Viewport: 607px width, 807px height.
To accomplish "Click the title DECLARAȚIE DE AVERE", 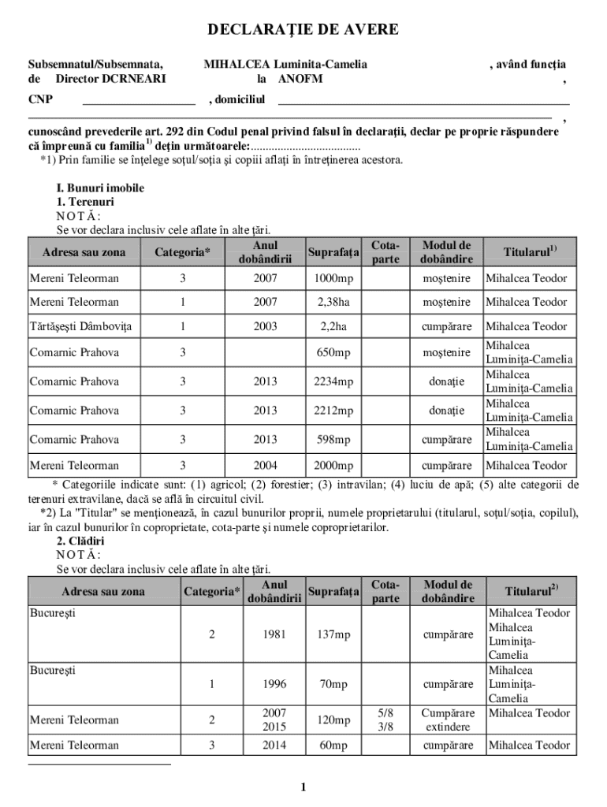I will [x=303, y=31].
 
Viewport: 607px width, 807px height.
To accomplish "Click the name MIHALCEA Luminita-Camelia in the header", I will [x=285, y=65].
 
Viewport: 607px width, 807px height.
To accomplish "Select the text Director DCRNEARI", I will [x=110, y=79].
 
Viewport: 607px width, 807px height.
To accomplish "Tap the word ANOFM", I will [x=300, y=79].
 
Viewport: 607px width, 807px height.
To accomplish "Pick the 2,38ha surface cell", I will [x=333, y=303].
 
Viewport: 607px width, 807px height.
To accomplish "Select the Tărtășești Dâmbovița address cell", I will [x=80, y=326].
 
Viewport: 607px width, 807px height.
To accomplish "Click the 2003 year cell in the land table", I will [x=265, y=326].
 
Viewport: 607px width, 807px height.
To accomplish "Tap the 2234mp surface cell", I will [x=333, y=381].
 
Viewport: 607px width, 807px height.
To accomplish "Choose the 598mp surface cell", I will [x=333, y=440].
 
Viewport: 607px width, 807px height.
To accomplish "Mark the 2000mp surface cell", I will [x=333, y=466].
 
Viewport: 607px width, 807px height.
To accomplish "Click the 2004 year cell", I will [x=265, y=466].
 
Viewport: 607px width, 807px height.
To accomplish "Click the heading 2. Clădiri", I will [x=80, y=542].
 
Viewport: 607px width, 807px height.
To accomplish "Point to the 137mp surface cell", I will [x=333, y=634].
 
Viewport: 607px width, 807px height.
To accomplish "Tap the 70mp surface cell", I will [x=333, y=685].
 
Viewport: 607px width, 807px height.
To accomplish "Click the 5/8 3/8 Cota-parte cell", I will [x=385, y=720].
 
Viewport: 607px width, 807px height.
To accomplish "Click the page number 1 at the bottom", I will [x=303, y=787].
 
